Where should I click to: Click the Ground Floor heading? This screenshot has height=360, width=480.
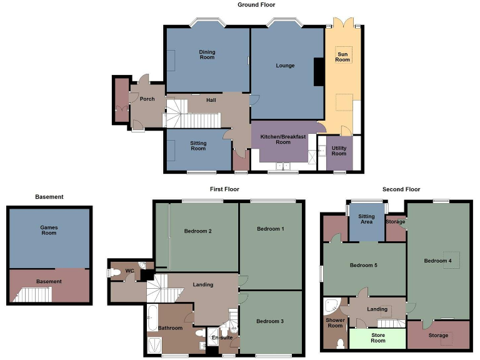(256, 5)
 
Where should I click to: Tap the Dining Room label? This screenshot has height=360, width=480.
(207, 55)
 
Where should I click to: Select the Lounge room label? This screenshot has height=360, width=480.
(285, 66)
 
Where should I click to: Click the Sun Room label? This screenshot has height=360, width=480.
(343, 57)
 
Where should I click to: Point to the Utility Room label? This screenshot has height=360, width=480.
(339, 151)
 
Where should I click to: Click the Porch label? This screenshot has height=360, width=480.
(147, 99)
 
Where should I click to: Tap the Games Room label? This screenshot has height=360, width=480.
(49, 230)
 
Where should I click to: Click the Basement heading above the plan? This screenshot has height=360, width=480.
(49, 197)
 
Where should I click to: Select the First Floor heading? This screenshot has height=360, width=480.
(224, 189)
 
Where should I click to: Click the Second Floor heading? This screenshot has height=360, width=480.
(401, 189)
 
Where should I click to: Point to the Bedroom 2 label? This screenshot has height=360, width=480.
(197, 231)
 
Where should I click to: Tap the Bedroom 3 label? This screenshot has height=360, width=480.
(270, 321)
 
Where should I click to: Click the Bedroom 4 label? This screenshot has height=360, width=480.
(437, 261)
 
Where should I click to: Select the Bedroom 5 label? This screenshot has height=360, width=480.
(363, 266)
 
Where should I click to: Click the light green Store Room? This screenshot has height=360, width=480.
(377, 338)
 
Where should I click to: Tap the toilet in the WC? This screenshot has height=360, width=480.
(115, 272)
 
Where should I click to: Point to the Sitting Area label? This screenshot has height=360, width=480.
(366, 219)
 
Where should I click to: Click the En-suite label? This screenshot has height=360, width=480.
(222, 338)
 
